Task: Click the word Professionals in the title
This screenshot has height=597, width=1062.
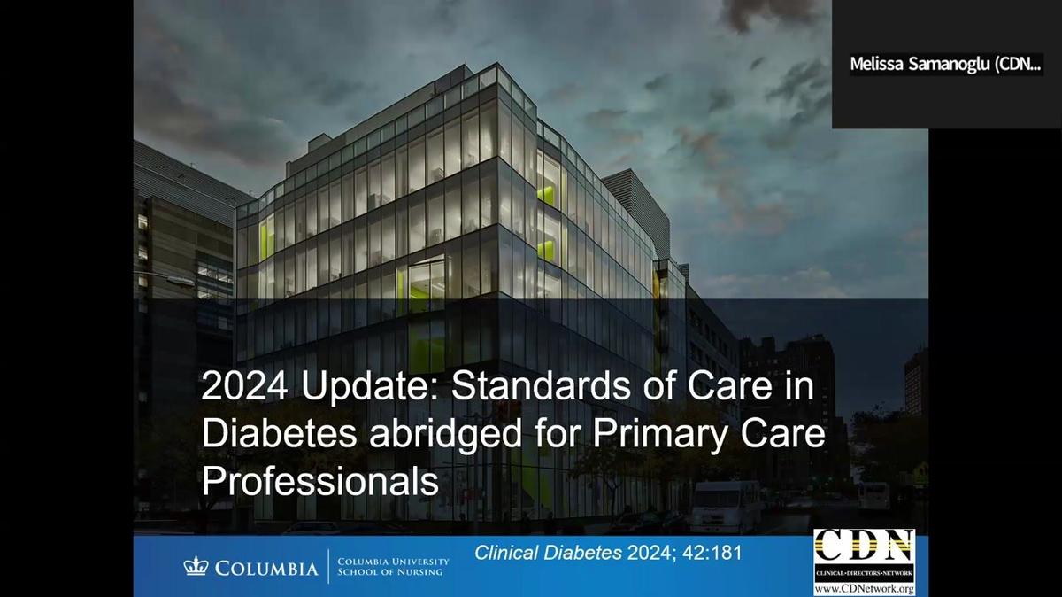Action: pos(320,482)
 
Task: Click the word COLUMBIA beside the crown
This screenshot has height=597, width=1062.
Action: pos(265,568)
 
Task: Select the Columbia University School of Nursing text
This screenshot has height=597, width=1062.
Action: pos(393,567)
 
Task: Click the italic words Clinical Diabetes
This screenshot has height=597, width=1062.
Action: pos(549,554)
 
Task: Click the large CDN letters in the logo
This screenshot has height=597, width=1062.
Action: pos(864,546)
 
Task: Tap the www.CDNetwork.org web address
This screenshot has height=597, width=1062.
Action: pos(864,589)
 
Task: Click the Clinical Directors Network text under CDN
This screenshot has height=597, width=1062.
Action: pos(864,575)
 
